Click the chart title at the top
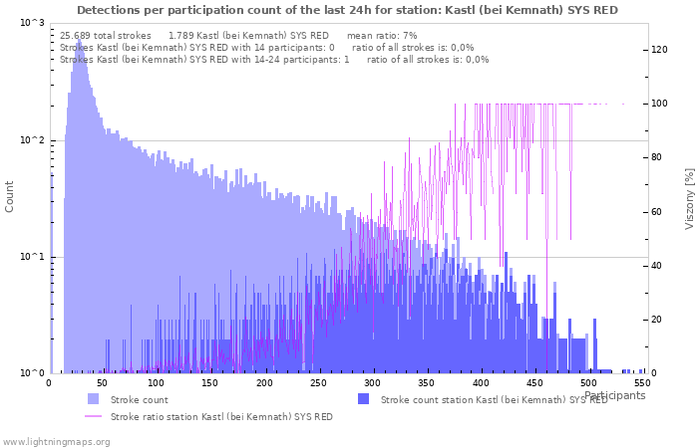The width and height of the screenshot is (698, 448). (347, 10)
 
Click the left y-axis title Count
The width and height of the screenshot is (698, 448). (10, 196)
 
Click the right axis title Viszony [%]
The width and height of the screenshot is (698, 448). (688, 198)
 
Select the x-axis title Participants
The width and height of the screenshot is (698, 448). (614, 395)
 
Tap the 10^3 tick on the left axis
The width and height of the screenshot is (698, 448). (32, 23)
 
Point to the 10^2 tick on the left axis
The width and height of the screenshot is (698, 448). (32, 140)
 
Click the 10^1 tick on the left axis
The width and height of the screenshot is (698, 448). (32, 258)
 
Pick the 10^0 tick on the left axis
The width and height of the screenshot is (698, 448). (32, 374)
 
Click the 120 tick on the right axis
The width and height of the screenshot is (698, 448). (659, 50)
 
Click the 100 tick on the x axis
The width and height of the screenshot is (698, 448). (157, 383)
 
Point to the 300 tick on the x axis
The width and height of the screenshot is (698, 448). (373, 383)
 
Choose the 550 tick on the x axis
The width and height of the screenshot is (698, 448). (643, 383)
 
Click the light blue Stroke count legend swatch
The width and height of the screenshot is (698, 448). (93, 399)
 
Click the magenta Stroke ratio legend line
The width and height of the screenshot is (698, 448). (93, 417)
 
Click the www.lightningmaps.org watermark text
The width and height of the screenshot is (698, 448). (55, 441)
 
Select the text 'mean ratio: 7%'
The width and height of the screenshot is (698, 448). (382, 35)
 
